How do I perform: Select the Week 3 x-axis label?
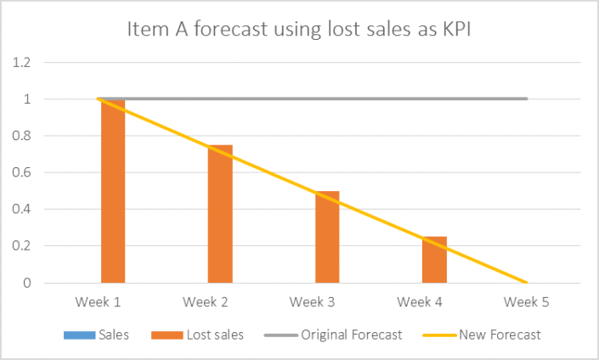[x=311, y=302]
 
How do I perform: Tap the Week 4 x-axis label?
[x=419, y=302]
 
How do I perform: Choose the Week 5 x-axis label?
[x=527, y=302]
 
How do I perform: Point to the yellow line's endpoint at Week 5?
[x=527, y=283]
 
